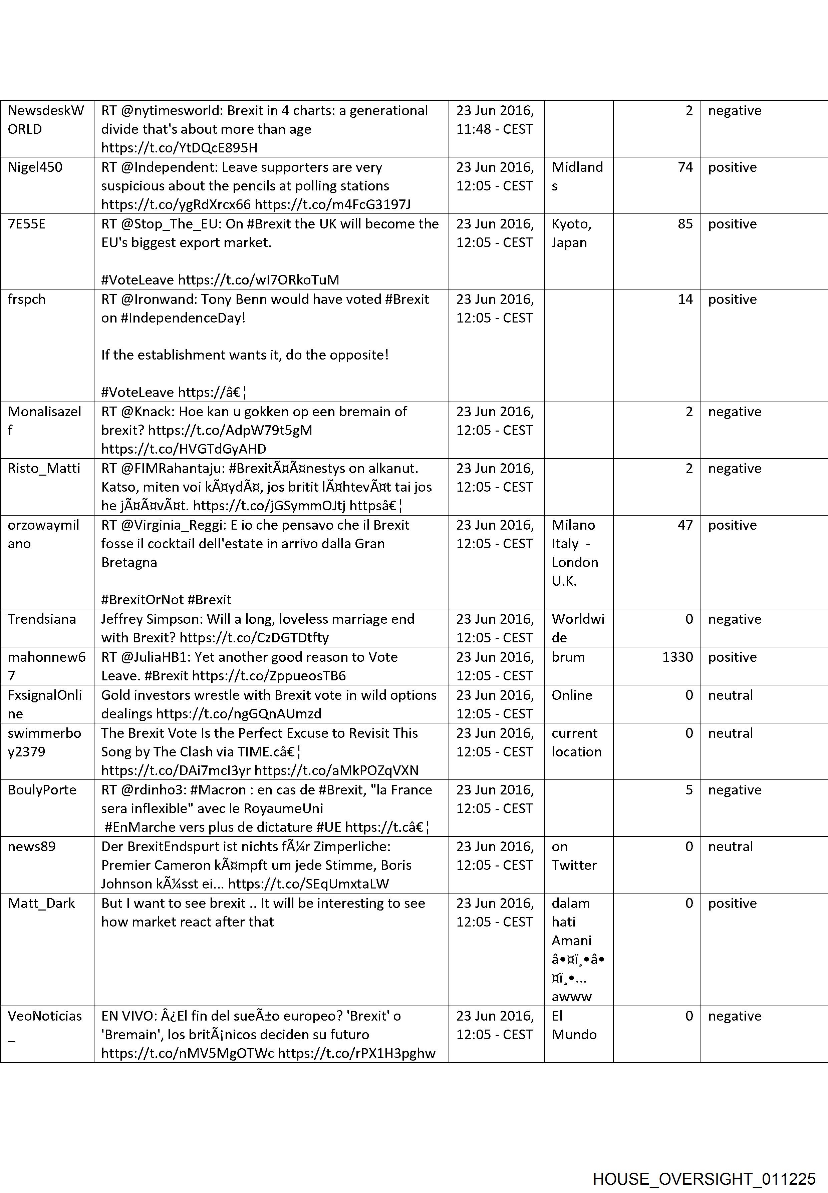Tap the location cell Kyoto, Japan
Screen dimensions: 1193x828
571,233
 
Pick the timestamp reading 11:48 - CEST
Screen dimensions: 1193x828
494,129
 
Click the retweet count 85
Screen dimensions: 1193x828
685,224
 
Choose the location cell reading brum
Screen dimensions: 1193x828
568,657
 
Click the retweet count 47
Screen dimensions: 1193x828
685,525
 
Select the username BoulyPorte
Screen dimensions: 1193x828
42,790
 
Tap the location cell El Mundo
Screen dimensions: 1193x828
574,1026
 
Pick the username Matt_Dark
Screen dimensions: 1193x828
41,904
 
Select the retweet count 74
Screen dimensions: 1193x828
685,167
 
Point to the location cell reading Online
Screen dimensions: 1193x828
572,695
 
